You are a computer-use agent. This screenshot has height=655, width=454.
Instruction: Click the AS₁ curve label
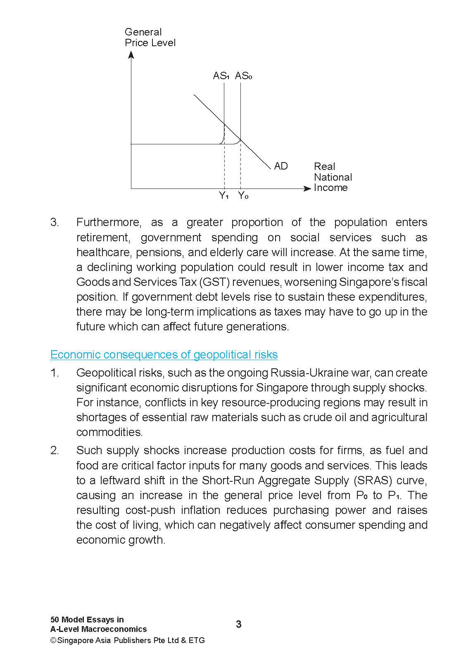coord(221,76)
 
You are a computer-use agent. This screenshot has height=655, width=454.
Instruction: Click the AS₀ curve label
coord(243,76)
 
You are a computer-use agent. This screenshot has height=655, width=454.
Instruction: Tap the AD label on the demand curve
coord(280,166)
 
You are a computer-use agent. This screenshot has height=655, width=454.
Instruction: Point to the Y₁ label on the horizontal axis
coord(223,196)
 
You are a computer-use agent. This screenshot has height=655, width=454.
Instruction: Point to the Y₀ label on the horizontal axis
coord(243,196)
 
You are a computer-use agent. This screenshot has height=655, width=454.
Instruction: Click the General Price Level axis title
coord(150,38)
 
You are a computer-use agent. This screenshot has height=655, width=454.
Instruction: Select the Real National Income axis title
coord(333,177)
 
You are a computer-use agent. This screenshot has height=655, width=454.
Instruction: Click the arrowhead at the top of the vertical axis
coord(131,54)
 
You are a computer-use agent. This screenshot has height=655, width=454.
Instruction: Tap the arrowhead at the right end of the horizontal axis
coord(307,188)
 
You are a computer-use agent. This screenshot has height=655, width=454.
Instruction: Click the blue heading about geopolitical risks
coord(164,355)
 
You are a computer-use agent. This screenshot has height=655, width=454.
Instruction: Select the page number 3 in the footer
coord(239,624)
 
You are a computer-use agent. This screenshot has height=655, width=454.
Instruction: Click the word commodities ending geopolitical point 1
coord(109,432)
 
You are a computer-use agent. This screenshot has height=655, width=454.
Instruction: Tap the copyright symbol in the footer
coord(53,641)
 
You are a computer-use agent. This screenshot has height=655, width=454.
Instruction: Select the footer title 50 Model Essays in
coord(87,620)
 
